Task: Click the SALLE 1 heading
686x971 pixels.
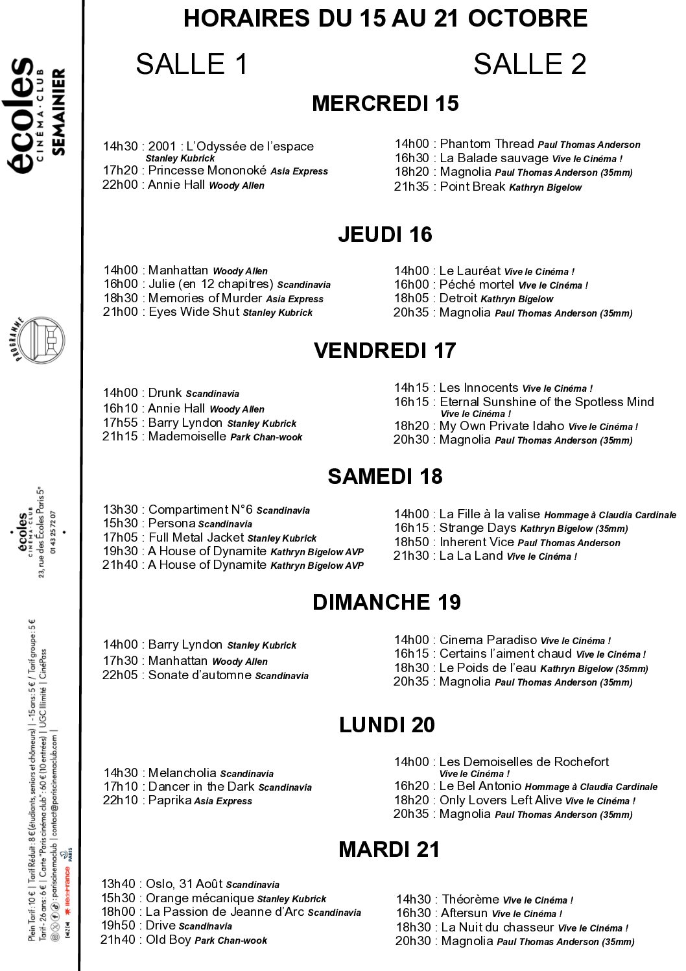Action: (x=192, y=64)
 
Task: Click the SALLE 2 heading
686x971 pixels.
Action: (x=529, y=64)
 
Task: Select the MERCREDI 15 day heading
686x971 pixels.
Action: (x=385, y=104)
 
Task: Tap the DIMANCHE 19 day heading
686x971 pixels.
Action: (x=386, y=603)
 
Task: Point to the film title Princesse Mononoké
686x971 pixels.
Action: (x=207, y=171)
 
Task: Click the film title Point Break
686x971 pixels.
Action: (x=472, y=187)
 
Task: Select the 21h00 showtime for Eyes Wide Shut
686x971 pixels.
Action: (x=121, y=312)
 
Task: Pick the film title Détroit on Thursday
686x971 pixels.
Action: (x=458, y=298)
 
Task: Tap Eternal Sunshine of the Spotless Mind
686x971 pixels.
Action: (x=546, y=402)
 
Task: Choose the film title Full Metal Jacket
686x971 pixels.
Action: (x=196, y=538)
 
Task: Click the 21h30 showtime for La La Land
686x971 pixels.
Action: (x=411, y=556)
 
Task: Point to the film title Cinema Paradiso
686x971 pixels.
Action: (x=488, y=640)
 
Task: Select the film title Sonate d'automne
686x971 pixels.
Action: (x=200, y=675)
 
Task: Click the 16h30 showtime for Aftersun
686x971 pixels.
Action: (x=413, y=913)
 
